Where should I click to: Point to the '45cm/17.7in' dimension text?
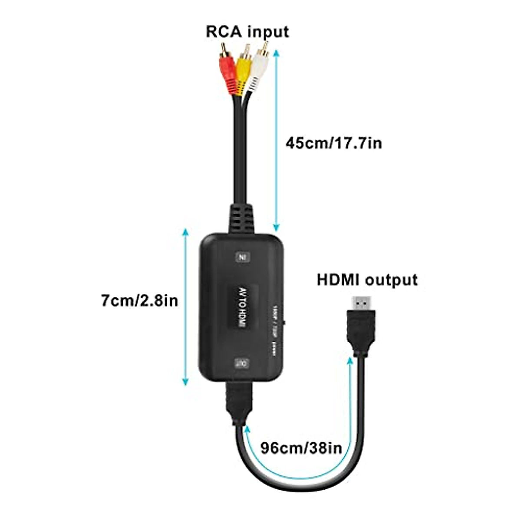(x=333, y=143)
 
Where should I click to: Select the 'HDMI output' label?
(x=367, y=280)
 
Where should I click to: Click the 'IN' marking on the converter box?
(x=242, y=257)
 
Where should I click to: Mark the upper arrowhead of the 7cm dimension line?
(x=186, y=231)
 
